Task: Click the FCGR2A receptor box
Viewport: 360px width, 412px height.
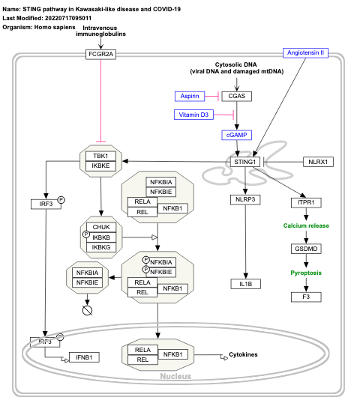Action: click(x=100, y=54)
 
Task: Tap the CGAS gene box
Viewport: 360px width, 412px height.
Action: click(x=237, y=96)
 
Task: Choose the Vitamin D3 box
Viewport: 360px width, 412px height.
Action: click(x=194, y=115)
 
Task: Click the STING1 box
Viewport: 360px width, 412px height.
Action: click(x=245, y=162)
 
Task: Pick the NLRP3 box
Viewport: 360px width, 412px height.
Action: click(x=245, y=199)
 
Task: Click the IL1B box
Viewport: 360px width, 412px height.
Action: click(x=245, y=284)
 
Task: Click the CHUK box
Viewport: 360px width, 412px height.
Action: click(x=101, y=225)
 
